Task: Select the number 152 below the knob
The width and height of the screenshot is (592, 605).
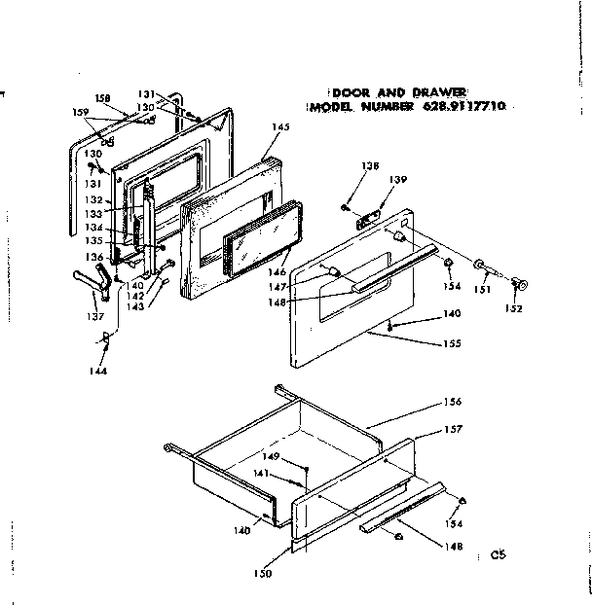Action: pos(514,308)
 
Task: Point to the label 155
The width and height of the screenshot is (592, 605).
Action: pos(449,343)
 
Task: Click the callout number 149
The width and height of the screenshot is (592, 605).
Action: pos(272,456)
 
